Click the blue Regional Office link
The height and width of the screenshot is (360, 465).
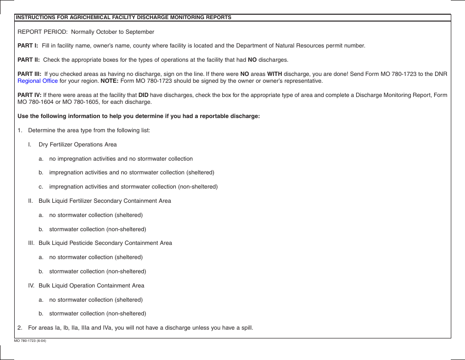click(38, 81)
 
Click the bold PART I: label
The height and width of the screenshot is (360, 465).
click(28, 46)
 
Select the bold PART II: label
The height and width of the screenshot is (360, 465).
click(29, 60)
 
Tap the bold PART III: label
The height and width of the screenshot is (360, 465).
click(29, 74)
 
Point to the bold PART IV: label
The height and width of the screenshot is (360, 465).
click(29, 95)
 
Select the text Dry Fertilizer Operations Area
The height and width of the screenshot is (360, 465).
click(77, 144)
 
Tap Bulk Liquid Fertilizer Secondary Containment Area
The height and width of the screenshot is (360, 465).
click(105, 201)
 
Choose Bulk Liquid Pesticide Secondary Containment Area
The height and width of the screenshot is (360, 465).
click(105, 243)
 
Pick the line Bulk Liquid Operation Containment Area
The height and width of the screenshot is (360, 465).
click(92, 286)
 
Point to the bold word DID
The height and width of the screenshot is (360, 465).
click(143, 95)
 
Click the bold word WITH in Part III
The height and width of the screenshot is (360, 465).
click(274, 74)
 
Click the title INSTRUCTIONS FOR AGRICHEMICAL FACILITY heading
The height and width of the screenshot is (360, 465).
click(123, 17)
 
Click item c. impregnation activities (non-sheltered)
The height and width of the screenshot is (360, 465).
click(133, 187)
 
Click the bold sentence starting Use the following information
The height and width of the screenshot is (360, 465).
click(139, 116)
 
